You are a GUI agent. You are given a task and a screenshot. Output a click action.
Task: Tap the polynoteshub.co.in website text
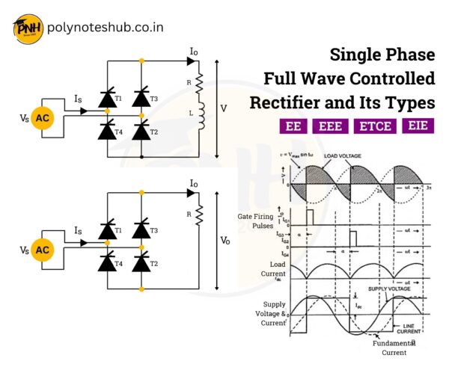pos(105,29)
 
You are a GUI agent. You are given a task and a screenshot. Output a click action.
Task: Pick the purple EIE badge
pos(418,126)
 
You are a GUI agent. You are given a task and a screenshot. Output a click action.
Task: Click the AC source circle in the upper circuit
pos(43,117)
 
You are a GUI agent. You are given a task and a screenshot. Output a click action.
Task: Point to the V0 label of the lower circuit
pos(225,241)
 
